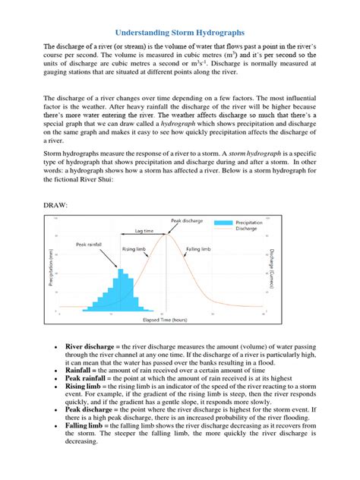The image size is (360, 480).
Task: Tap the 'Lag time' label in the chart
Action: click(x=145, y=230)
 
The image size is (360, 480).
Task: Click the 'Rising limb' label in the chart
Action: click(x=134, y=248)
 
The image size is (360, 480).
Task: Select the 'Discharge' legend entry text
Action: click(x=245, y=228)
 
